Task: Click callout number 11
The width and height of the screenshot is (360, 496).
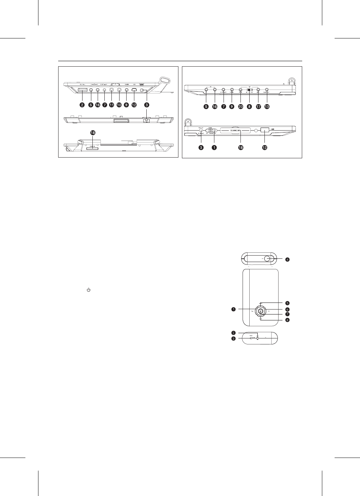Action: pyautogui.click(x=112, y=105)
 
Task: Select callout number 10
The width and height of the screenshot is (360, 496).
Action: pyautogui.click(x=119, y=105)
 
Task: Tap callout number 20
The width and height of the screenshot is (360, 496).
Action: pyautogui.click(x=240, y=106)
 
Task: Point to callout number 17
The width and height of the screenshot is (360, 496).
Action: pyautogui.click(x=258, y=106)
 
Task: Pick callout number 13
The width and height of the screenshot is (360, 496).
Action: pyautogui.click(x=267, y=106)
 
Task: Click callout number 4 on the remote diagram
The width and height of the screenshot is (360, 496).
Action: pyautogui.click(x=287, y=260)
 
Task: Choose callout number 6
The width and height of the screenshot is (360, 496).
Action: pyautogui.click(x=287, y=309)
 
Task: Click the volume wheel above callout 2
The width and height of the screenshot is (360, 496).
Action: pyautogui.click(x=83, y=91)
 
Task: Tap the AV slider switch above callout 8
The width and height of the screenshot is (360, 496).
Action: pyautogui.click(x=249, y=90)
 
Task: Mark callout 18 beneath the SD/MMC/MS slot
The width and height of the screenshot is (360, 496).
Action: pyautogui.click(x=240, y=148)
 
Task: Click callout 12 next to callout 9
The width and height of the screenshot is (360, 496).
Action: pyautogui.click(x=134, y=105)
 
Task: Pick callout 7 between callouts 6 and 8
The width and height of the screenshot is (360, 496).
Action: pyautogui.click(x=287, y=314)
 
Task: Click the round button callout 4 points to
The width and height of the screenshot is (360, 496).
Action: pyautogui.click(x=267, y=258)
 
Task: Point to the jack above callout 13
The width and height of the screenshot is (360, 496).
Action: pyautogui.click(x=267, y=90)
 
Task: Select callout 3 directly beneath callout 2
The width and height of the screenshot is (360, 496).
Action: pyautogui.click(x=233, y=338)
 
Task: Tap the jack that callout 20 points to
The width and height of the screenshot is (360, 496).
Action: pyautogui.click(x=240, y=90)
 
